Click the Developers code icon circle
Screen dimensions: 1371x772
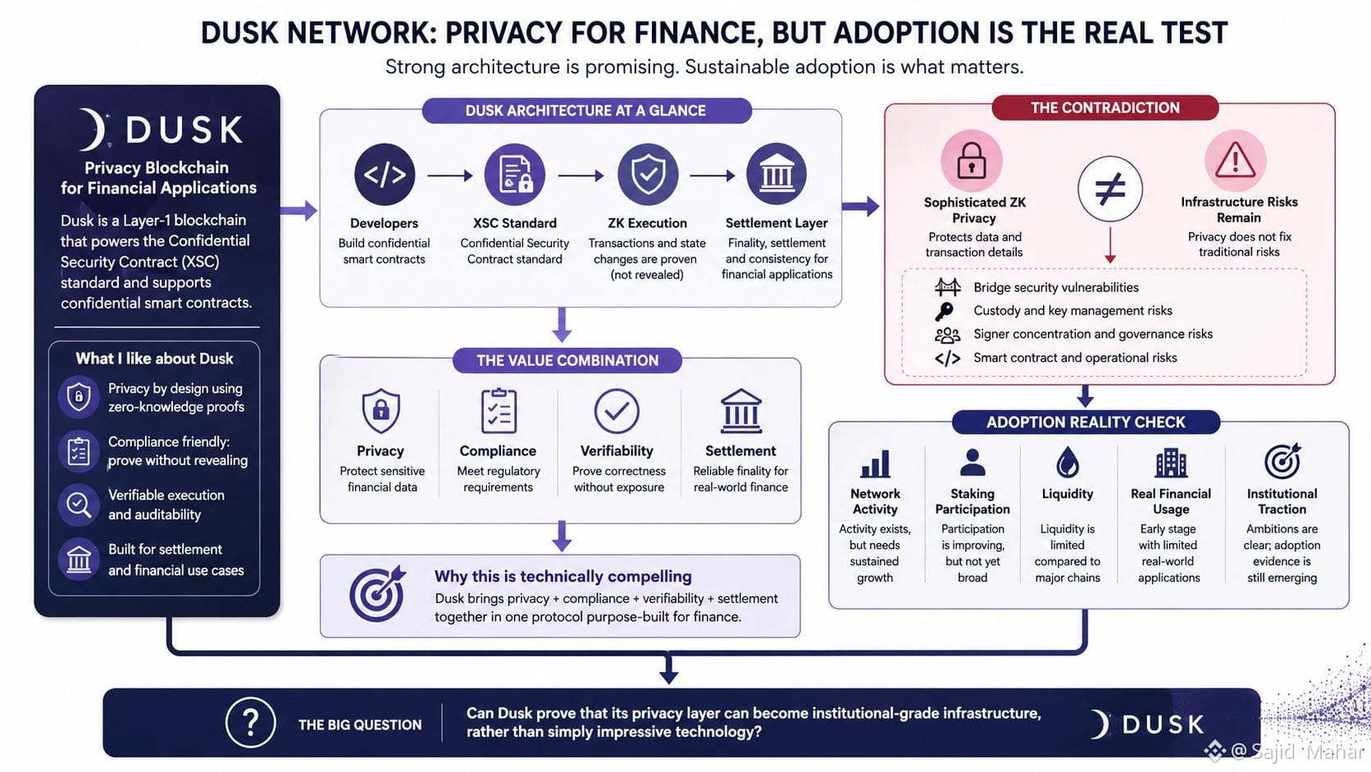click(x=385, y=175)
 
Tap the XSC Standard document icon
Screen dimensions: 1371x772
click(x=515, y=175)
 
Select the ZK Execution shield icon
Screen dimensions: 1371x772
click(x=648, y=175)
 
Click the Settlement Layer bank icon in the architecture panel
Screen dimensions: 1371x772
click(x=776, y=174)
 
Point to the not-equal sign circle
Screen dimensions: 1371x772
click(x=1109, y=188)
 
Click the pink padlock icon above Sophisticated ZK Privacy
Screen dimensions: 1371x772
click(x=972, y=161)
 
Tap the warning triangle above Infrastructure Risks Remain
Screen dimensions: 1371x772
click(x=1235, y=161)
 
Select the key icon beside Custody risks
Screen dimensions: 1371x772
click(x=944, y=311)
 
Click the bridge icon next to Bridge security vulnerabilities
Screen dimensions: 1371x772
click(x=947, y=286)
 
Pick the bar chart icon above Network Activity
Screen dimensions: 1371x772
click(x=875, y=464)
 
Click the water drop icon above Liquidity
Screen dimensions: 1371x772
click(x=1068, y=462)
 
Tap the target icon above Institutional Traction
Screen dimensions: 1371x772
click(x=1282, y=461)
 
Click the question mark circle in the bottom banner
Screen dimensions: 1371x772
click(x=250, y=723)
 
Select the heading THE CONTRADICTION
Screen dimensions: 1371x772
click(x=1105, y=107)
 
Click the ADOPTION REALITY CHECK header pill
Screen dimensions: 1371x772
click(x=1086, y=422)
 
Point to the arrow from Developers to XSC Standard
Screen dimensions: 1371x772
click(x=450, y=176)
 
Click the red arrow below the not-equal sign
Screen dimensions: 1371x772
click(x=1109, y=245)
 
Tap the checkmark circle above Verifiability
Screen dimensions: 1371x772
click(x=617, y=411)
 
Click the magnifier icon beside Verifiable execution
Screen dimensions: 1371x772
click(x=79, y=505)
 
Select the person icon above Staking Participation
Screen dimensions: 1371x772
click(x=972, y=462)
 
